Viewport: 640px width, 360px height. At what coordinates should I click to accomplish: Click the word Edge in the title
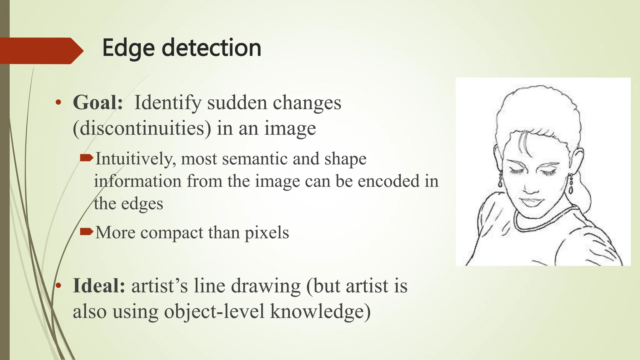[x=128, y=48]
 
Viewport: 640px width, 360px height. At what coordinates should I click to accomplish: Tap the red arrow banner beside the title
[x=41, y=51]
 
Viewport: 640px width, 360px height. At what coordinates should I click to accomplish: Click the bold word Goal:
[x=98, y=102]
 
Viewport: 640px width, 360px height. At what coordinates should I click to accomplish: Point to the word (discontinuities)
[x=142, y=128]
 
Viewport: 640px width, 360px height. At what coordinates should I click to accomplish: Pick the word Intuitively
[x=134, y=159]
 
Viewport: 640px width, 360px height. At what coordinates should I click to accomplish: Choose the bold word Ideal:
[x=99, y=286]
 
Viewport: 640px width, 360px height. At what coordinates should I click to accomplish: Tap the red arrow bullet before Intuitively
[x=87, y=158]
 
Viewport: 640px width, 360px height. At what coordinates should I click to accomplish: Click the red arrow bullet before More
[x=87, y=232]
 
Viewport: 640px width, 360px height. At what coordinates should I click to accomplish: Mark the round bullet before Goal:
[x=58, y=102]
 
